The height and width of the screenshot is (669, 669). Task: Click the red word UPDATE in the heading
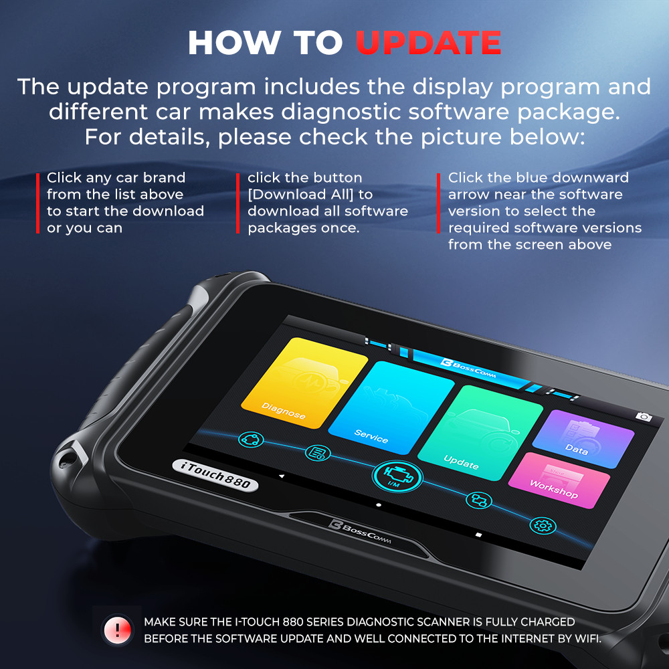[x=428, y=43]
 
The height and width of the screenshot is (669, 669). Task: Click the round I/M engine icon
[x=397, y=477]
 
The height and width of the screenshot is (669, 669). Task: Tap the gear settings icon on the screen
[x=543, y=525]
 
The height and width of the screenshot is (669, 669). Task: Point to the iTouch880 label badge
[x=215, y=474]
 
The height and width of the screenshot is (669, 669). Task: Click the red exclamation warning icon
[x=118, y=630]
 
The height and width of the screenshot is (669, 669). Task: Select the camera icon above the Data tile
[x=644, y=417]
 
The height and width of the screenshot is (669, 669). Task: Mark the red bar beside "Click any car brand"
[x=37, y=203]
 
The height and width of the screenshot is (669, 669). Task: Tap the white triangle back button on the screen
[x=282, y=476]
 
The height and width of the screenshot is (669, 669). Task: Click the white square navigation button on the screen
[x=478, y=535]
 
